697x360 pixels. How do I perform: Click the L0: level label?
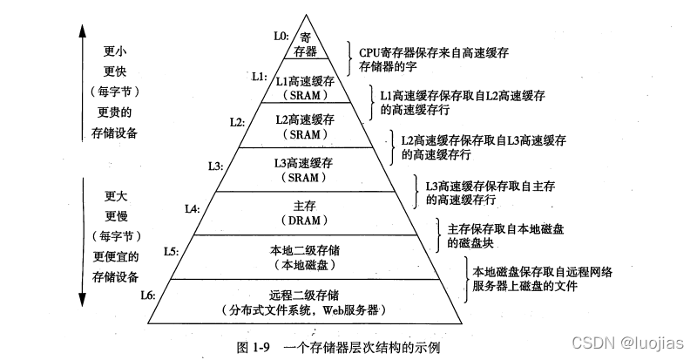pyautogui.click(x=281, y=37)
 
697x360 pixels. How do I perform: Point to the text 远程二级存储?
pyautogui.click(x=305, y=294)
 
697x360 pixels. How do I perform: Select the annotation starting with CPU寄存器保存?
pyautogui.click(x=422, y=51)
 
